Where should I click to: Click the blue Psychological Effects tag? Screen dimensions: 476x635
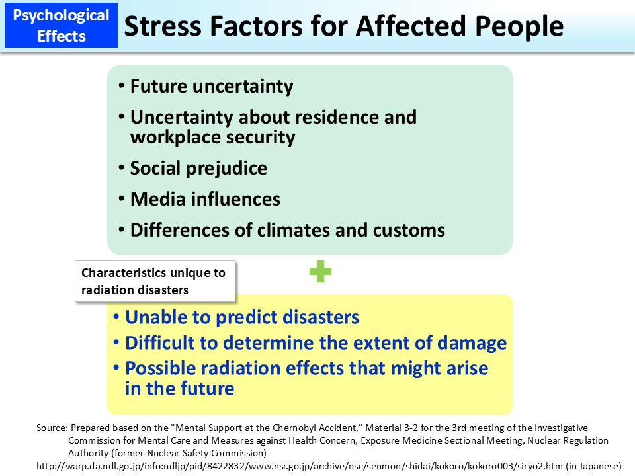pos(61,25)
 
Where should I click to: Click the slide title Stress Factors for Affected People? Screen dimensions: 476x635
pos(344,26)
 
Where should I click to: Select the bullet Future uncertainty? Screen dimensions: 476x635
pos(211,86)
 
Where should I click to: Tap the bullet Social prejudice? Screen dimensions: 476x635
pos(198,168)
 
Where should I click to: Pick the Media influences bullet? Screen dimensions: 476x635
pos(205,199)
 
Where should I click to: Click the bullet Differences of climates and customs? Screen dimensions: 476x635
pos(287,230)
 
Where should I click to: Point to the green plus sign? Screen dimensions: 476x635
pos(320,272)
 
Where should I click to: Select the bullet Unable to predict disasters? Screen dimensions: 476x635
pos(241,317)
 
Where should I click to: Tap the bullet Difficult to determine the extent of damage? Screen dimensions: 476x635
pos(316,343)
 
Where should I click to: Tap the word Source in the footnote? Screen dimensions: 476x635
pos(52,428)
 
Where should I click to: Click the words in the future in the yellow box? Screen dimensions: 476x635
pos(179,388)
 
